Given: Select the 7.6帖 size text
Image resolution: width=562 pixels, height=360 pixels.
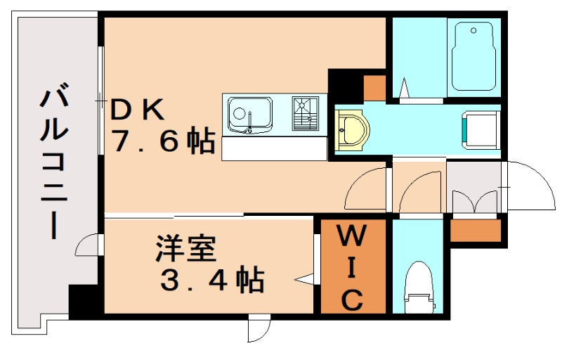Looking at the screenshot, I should point(163,143).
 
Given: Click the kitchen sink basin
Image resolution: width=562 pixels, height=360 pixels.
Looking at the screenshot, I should point(250,113).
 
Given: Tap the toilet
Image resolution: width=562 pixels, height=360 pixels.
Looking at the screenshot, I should point(419,288).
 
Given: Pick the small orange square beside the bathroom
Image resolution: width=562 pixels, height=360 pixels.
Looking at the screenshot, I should point(374,85).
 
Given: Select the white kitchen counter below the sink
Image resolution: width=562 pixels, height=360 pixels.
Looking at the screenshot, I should point(275,148).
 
